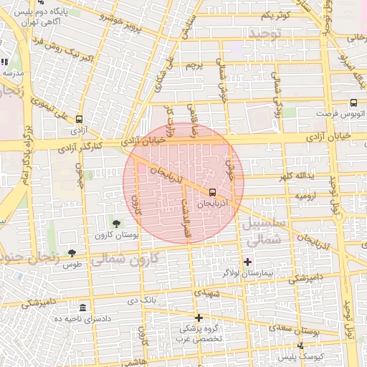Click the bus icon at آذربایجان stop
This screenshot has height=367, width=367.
pyautogui.click(x=211, y=192)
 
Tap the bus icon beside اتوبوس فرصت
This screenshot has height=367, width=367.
pyautogui.click(x=353, y=103)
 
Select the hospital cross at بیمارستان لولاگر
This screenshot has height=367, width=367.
pyautogui.click(x=248, y=262)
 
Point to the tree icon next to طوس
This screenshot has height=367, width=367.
pyautogui.click(x=72, y=253)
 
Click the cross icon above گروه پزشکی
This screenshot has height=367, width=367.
pyautogui.click(x=199, y=317)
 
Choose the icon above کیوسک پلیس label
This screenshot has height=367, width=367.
pyautogui.click(x=300, y=346)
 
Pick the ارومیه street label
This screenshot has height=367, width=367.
pyautogui.click(x=309, y=195)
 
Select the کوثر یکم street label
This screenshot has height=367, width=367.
pyautogui.click(x=275, y=14)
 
